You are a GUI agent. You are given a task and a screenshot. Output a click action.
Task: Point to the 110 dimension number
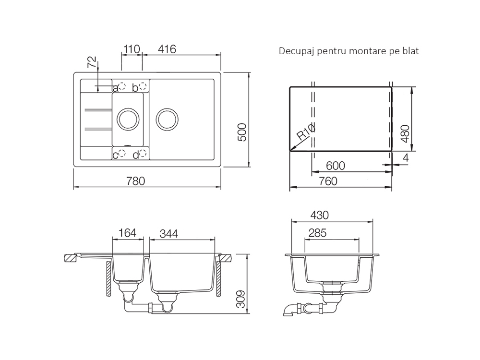coord(131,49)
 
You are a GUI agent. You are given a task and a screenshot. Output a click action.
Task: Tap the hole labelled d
coord(143,154)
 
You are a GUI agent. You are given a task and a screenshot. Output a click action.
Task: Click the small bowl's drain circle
coord(128,119)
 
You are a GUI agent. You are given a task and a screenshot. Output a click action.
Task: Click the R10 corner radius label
coord(306,132)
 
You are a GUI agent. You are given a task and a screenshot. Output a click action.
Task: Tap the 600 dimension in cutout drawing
coord(336,166)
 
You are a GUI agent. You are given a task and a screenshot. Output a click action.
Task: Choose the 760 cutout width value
coord(328,181)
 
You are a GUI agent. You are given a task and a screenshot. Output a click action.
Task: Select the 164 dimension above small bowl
coord(127,233)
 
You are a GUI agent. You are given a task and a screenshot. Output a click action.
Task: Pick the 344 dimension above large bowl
coord(169,233)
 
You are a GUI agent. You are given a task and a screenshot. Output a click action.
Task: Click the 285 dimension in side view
coord(317,233)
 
